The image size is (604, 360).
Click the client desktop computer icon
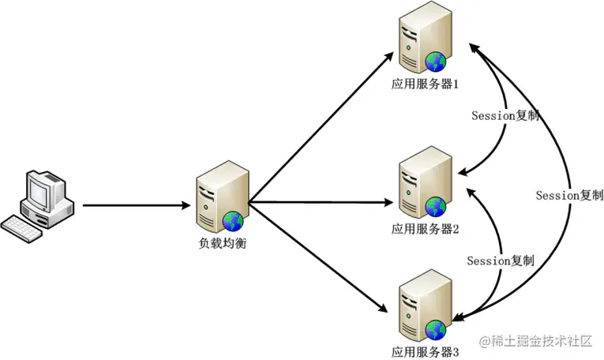click(37, 205)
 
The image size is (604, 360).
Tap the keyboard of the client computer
click(21, 229)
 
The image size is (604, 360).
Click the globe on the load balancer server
click(233, 221)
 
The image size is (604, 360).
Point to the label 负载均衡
click(223, 243)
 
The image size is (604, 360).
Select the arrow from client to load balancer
click(137, 205)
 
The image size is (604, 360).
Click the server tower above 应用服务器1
click(425, 37)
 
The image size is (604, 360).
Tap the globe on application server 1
click(436, 62)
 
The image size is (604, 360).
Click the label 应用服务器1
click(425, 84)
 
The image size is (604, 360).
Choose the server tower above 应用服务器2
click(425, 182)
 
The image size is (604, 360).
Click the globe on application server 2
click(436, 207)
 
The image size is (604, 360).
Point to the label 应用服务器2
click(425, 229)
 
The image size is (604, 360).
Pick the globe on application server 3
click(436, 330)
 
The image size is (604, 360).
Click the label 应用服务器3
click(425, 352)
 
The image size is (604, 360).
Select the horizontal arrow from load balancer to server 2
click(321, 202)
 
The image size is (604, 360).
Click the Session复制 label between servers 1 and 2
click(505, 115)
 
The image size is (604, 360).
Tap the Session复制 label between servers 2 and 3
click(501, 261)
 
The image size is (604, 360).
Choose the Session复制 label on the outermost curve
click(569, 195)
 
